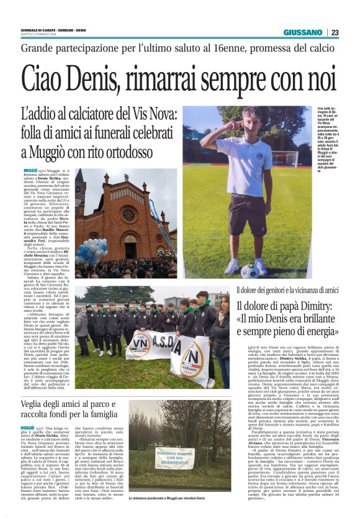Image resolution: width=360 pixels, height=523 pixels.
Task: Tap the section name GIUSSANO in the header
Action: coord(303,32)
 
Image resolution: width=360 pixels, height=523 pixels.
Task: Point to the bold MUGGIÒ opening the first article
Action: coord(30,170)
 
